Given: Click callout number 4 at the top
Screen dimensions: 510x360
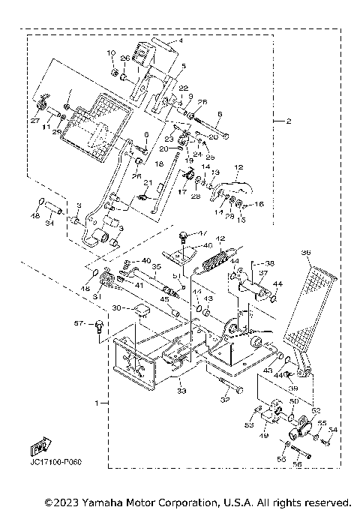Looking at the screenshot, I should coord(180,42).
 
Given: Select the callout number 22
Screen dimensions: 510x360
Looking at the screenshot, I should coord(183,88).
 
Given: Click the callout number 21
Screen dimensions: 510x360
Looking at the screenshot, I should coord(148,183).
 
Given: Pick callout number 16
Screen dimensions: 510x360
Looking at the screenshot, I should coord(260,203).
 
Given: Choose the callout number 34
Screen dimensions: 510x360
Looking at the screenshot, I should coord(50,222).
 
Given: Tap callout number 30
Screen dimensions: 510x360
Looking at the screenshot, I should coord(117,307).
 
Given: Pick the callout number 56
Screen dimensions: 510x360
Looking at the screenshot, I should coord(296,464).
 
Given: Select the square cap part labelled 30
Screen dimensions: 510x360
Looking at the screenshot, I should coord(140,310).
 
